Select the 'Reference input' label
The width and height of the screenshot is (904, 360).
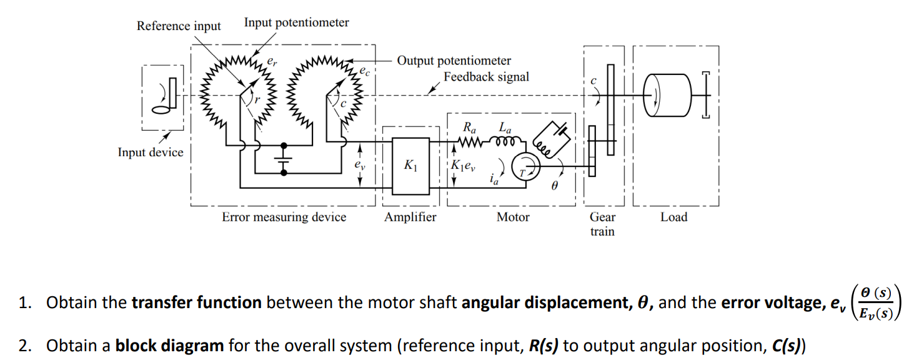coord(179,26)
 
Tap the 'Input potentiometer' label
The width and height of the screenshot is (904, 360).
coord(296,22)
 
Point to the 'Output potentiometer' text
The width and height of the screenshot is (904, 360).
coord(454,61)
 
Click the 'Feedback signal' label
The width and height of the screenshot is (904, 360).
coord(486,77)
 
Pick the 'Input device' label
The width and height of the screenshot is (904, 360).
coord(150,152)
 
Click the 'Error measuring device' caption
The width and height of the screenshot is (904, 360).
coord(284,217)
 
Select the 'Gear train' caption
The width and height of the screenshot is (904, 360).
coord(602,224)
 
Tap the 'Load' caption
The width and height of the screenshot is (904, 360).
coord(673,217)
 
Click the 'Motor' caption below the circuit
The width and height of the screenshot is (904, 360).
coord(512,217)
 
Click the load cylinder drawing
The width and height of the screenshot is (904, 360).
coord(665,95)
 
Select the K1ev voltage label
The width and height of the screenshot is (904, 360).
coord(464,166)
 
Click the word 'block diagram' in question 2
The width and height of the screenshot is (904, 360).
coord(169,346)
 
